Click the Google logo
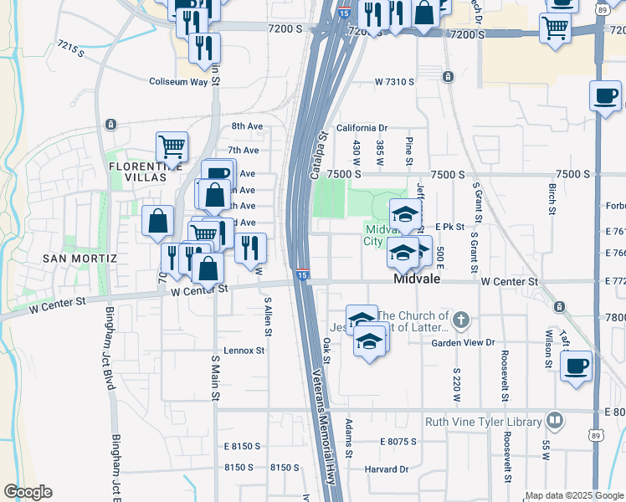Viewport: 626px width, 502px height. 28,491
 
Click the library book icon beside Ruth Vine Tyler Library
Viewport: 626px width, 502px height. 554,420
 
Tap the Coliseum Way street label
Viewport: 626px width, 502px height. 178,82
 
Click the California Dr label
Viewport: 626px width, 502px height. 362,128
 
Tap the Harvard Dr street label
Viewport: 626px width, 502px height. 386,469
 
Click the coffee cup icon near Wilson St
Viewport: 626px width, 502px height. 575,366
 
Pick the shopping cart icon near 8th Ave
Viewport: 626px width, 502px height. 172,147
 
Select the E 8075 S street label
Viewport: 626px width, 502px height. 403,442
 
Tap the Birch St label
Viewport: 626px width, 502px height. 552,198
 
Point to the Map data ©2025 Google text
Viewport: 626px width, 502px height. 573,495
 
